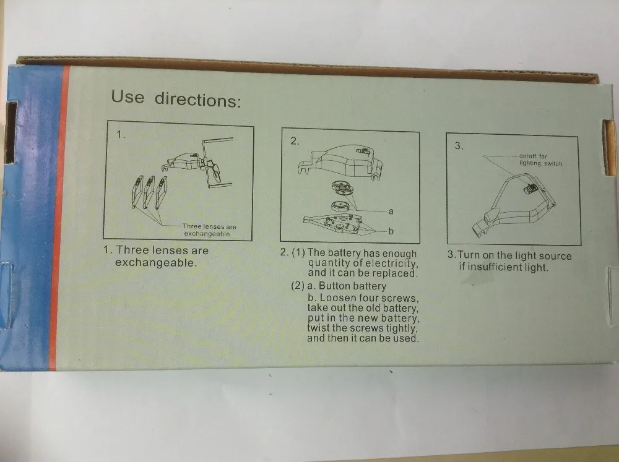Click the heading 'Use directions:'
[176, 98]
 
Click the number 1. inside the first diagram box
[121, 135]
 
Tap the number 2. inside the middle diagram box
[295, 141]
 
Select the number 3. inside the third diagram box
[459, 146]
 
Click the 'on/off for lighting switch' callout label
[540, 160]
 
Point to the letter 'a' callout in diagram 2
[391, 212]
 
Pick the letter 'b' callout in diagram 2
[391, 231]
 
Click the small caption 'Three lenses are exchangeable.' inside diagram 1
[209, 230]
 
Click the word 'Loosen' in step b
[338, 298]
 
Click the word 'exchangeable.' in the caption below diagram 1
[156, 263]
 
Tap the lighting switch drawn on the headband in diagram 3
[530, 188]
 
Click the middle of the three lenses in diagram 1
[149, 192]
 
